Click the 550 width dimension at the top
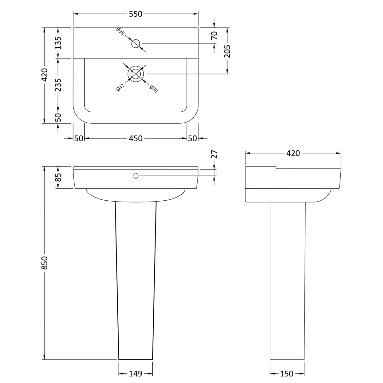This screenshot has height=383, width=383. (136, 14)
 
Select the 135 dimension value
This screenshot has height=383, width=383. (58, 43)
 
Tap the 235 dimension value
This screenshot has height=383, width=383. (58, 85)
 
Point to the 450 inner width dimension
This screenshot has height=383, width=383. (136, 138)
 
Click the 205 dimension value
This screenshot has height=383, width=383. (227, 51)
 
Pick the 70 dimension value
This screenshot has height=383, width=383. (214, 35)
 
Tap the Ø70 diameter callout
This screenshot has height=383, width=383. (153, 89)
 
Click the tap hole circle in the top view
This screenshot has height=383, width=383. (136, 44)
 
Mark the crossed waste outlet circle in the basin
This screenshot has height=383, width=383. (136, 74)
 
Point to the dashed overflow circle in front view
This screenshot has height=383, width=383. (136, 176)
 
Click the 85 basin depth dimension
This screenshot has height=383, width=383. (58, 177)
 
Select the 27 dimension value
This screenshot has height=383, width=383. (214, 154)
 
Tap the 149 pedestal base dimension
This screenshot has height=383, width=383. (136, 374)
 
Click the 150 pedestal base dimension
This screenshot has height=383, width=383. (287, 374)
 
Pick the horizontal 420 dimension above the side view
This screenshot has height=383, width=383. (293, 153)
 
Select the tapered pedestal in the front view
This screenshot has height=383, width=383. (136, 278)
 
